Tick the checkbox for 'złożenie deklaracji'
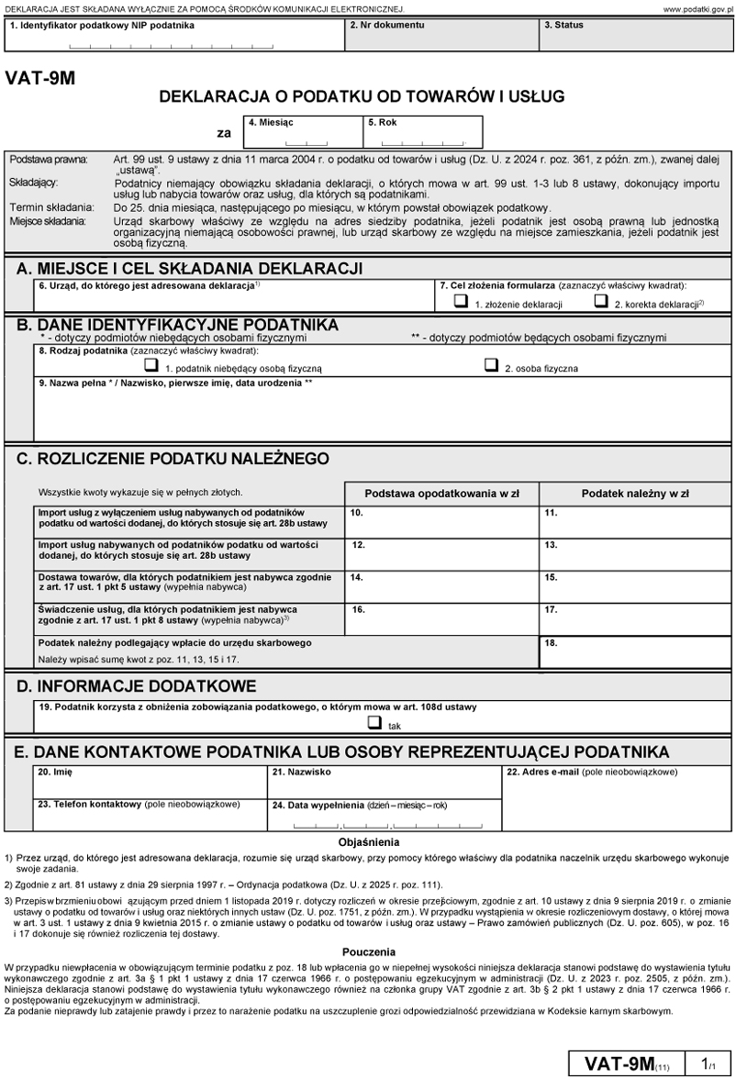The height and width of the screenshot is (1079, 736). (461, 301)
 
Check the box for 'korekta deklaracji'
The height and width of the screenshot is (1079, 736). (601, 301)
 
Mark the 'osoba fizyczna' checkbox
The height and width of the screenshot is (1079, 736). (492, 365)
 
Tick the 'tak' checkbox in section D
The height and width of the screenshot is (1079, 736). (374, 722)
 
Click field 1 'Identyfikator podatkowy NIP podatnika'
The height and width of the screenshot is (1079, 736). (174, 39)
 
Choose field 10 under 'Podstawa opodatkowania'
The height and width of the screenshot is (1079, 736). (441, 521)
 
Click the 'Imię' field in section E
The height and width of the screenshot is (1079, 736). (150, 781)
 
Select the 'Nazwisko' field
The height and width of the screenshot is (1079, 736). (384, 781)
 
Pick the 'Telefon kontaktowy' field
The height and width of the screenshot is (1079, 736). (150, 815)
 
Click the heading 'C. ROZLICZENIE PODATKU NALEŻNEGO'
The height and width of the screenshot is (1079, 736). (173, 458)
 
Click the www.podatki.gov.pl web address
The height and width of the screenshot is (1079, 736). (694, 8)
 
